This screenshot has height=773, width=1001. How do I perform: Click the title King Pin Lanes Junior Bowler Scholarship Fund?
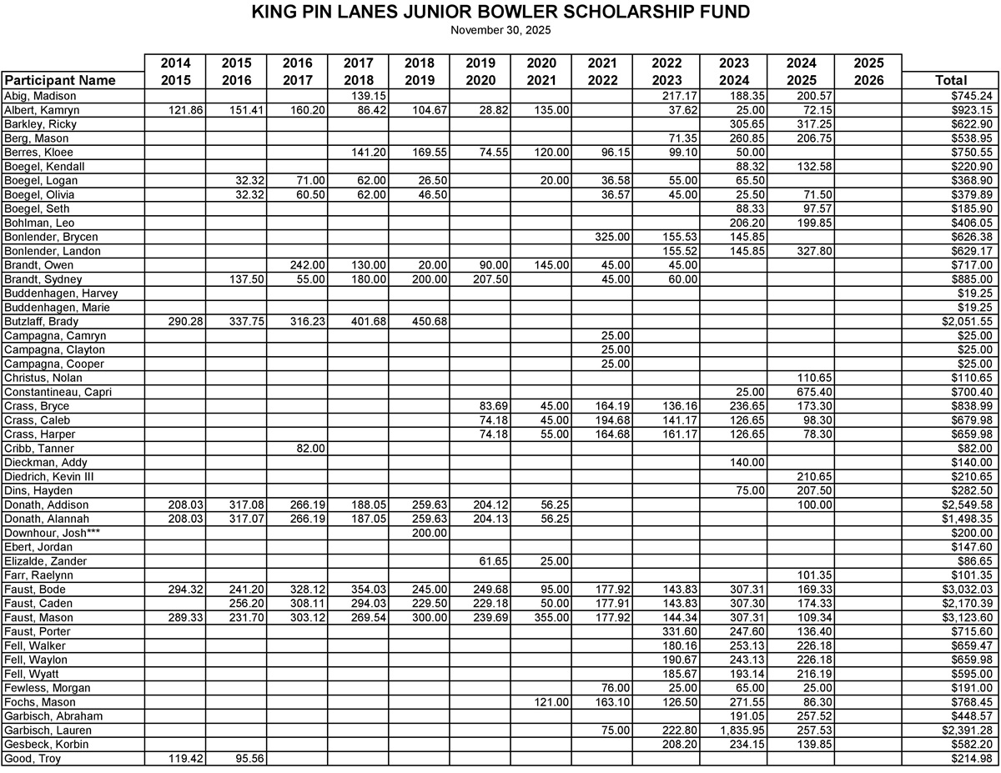tap(500, 13)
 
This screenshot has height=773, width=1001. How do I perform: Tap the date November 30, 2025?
tap(500, 30)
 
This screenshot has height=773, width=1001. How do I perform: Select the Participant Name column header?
tap(60, 81)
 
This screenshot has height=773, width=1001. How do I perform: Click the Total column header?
tap(951, 81)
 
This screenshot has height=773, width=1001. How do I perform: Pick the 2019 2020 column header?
tap(480, 72)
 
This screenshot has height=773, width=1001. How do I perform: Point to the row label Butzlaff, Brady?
tap(42, 321)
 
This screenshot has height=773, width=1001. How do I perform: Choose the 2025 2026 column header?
tap(868, 72)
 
